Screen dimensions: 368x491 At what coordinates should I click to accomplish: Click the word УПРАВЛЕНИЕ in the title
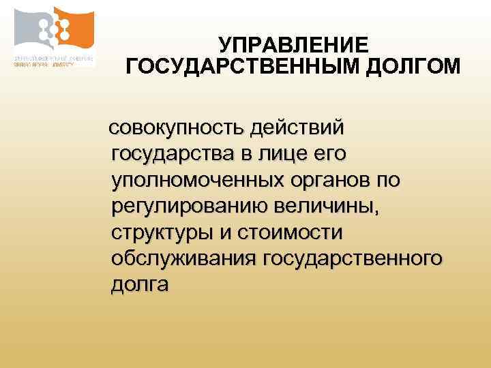tap(293, 46)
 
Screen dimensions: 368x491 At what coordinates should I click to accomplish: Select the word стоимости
tap(291, 232)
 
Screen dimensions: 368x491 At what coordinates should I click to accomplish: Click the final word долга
tap(138, 285)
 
